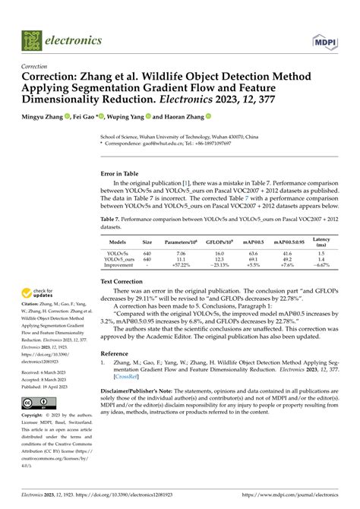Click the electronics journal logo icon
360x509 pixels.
click(30, 39)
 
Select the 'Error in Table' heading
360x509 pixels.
click(123, 173)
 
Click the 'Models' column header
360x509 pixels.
click(118, 243)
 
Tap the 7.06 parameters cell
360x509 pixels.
click(181, 253)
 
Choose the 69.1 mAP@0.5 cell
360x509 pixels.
click(254, 259)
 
